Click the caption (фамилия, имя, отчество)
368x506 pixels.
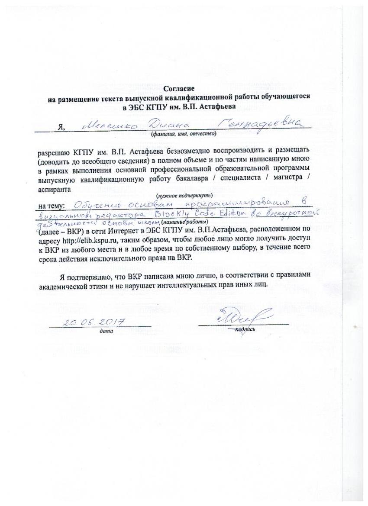[183, 134]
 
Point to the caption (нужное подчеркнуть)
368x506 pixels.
[184, 195]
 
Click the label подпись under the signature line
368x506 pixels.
[245, 330]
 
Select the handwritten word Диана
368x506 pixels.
[157, 125]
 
